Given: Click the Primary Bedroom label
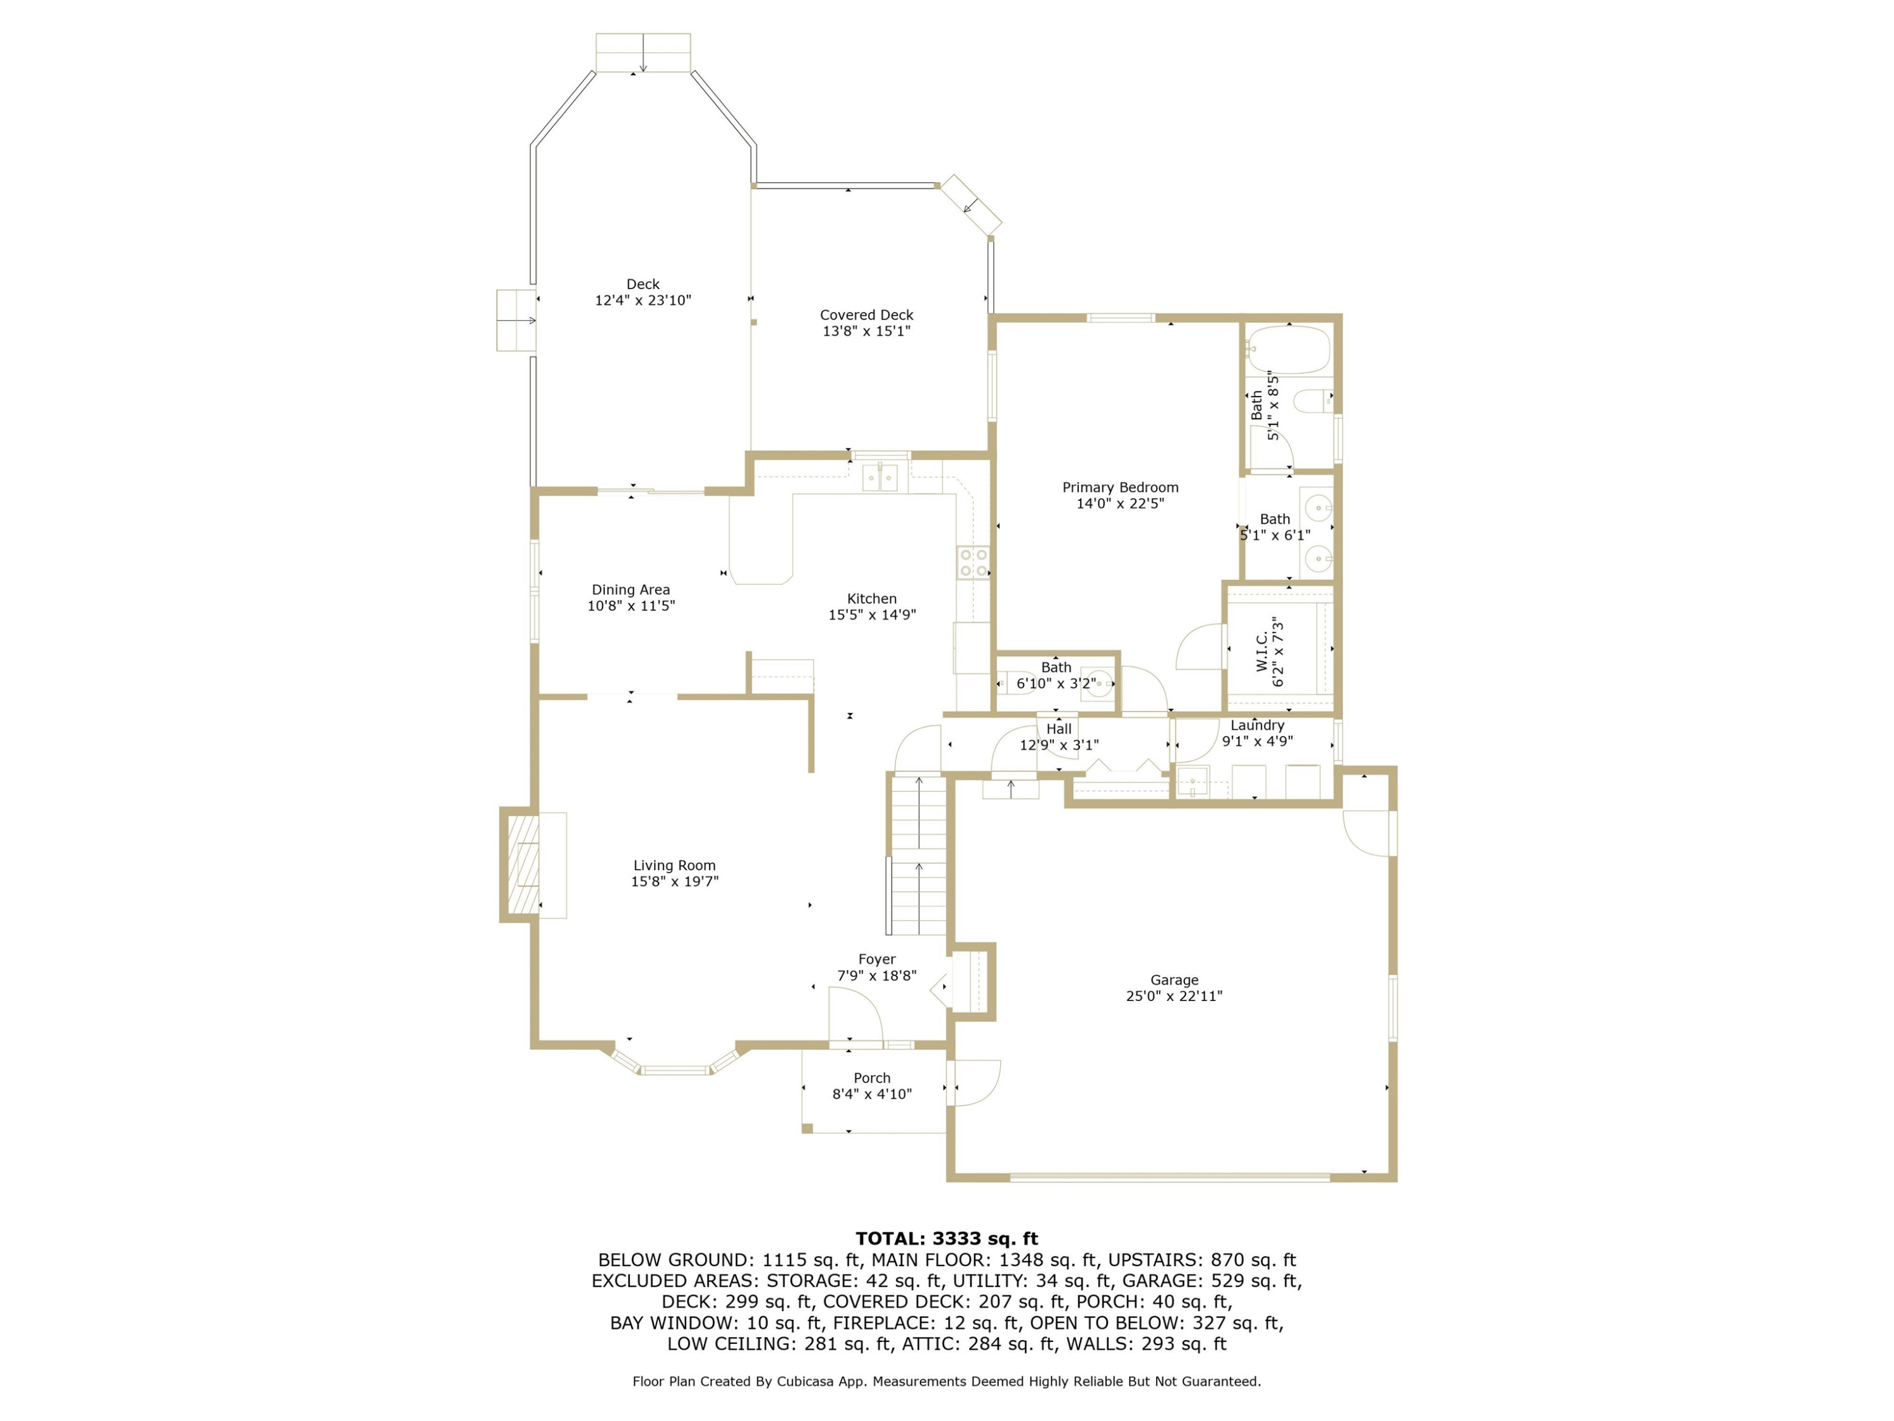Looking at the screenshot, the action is [x=1120, y=488].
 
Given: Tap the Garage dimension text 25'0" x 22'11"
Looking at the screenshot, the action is [x=1174, y=995].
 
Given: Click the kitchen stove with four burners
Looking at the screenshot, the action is [x=974, y=563].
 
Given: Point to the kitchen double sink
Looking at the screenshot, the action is [x=879, y=477].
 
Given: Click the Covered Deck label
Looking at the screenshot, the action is [x=867, y=315].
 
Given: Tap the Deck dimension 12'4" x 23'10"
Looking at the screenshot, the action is [x=643, y=300].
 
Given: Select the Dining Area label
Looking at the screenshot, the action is [x=631, y=589].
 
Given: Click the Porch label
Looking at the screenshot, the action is [x=872, y=1077].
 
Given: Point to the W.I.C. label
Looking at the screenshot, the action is [x=1262, y=652].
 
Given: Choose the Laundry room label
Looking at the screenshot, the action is [x=1257, y=724].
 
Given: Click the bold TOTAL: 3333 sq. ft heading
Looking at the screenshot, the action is [x=947, y=1238].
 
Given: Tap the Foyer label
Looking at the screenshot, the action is [x=877, y=959].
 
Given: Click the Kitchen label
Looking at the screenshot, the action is [x=872, y=599].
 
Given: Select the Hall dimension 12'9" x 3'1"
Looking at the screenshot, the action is [x=1059, y=745].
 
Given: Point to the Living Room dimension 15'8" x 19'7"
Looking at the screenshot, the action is [x=675, y=880].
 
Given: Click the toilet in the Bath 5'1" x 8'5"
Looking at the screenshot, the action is [x=1313, y=400].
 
